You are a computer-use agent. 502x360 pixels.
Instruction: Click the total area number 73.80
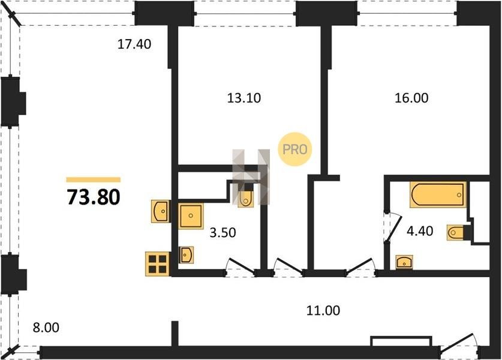pyautogui.click(x=94, y=197)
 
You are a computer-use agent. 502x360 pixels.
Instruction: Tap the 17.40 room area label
pyautogui.click(x=134, y=44)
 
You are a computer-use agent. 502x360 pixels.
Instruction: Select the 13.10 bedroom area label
pyautogui.click(x=244, y=98)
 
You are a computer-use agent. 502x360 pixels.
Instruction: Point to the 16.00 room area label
pyautogui.click(x=411, y=98)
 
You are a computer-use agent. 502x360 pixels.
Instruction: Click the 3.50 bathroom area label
pyautogui.click(x=223, y=232)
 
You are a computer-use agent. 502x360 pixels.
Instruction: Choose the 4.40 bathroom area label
pyautogui.click(x=420, y=230)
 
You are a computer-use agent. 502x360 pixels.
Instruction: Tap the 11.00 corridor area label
pyautogui.click(x=323, y=310)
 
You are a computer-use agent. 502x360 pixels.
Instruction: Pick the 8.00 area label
pyautogui.click(x=46, y=328)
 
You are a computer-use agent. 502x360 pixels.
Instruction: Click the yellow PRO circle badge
pyautogui.click(x=295, y=149)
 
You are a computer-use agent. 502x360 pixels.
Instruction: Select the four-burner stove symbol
pyautogui.click(x=157, y=264)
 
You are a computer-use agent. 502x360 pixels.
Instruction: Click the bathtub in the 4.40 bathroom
pyautogui.click(x=438, y=194)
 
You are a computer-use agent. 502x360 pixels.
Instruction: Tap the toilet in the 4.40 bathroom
pyautogui.click(x=456, y=233)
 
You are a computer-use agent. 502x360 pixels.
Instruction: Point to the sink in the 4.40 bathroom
pyautogui.click(x=404, y=262)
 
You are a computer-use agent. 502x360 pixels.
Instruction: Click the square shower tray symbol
pyautogui.click(x=191, y=216)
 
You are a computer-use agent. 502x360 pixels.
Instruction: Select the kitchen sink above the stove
pyautogui.click(x=160, y=211)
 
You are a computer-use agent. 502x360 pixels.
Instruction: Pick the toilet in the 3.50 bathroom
pyautogui.click(x=246, y=199)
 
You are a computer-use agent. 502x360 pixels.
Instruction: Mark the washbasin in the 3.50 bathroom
pyautogui.click(x=187, y=255)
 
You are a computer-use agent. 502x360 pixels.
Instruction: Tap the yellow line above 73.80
pyautogui.click(x=94, y=179)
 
